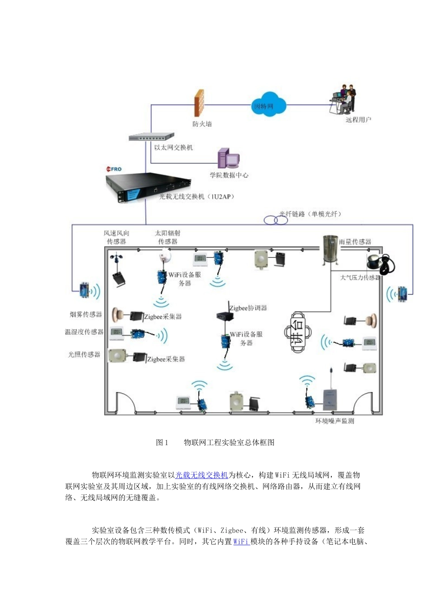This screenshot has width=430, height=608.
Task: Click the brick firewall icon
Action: (199, 104)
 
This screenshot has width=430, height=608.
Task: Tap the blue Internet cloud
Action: (268, 105)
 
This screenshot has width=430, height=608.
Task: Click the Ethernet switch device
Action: (151, 137)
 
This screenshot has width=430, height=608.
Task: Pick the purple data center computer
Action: (228, 159)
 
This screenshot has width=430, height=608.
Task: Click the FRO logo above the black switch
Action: (114, 169)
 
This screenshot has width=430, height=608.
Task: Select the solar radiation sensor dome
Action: (165, 256)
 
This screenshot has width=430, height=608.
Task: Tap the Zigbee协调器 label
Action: (248, 308)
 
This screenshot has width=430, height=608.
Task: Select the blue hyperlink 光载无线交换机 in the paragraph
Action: (201, 475)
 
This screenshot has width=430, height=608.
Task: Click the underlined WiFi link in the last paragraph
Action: (241, 541)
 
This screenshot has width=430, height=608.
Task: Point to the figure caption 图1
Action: (162, 443)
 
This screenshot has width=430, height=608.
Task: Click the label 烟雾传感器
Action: (86, 314)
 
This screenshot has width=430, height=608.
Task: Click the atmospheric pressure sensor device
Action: (379, 264)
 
